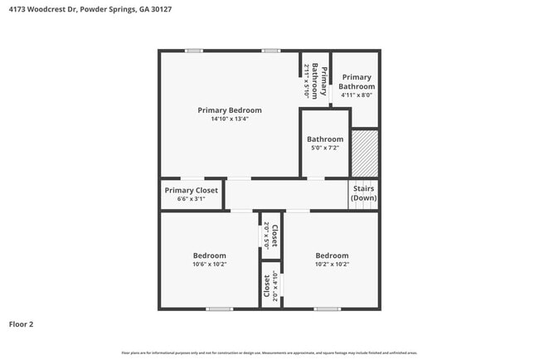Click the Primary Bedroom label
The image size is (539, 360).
(x=229, y=110)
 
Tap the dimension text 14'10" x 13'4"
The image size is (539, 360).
(x=229, y=119)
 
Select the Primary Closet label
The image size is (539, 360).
(x=191, y=190)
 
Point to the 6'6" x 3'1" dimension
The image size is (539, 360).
(x=191, y=199)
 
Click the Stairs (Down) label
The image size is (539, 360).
(x=363, y=193)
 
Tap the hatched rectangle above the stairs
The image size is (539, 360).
(x=365, y=153)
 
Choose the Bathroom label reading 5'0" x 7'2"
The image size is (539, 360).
(x=324, y=139)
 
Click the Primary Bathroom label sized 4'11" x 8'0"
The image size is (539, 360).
(x=357, y=81)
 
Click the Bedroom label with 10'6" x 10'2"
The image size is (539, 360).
(x=209, y=255)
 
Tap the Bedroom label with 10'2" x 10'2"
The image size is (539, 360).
(x=332, y=255)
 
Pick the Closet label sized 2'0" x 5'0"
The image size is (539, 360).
(x=270, y=236)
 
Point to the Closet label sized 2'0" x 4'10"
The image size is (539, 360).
(x=270, y=286)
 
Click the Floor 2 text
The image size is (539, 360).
(x=21, y=324)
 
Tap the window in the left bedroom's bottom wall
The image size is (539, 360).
(x=219, y=309)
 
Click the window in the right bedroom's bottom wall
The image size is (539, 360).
(x=327, y=309)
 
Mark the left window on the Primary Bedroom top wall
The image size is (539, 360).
(x=193, y=51)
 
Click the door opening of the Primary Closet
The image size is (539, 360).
(x=192, y=178)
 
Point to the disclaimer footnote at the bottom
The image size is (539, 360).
(x=269, y=353)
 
